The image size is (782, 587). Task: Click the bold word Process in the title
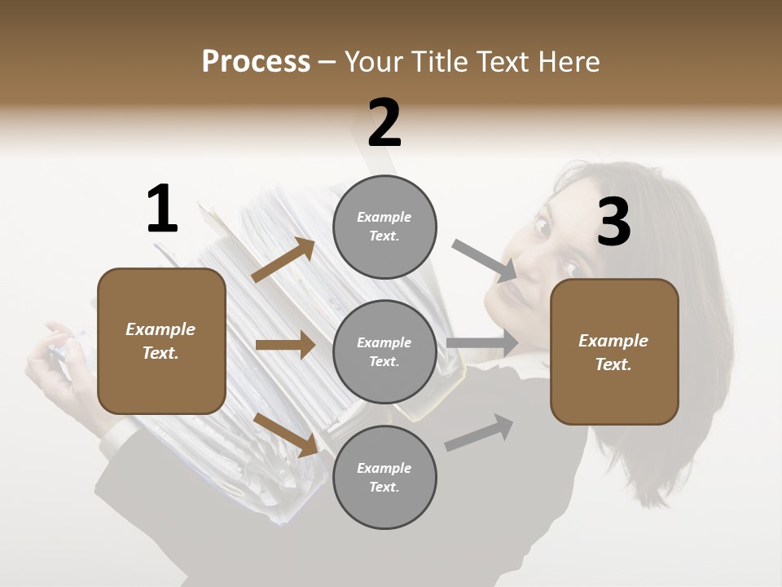[256, 61]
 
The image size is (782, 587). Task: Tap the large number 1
[162, 210]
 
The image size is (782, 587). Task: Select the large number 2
[384, 123]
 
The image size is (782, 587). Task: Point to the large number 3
[613, 223]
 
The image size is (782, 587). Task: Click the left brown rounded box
[161, 341]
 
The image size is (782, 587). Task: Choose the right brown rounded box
[614, 351]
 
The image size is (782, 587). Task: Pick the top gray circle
[384, 226]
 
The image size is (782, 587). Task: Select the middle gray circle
[384, 351]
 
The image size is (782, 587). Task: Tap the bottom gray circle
[384, 477]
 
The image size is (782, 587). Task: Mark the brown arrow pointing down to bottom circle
[285, 435]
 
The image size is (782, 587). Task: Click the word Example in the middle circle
[384, 342]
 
